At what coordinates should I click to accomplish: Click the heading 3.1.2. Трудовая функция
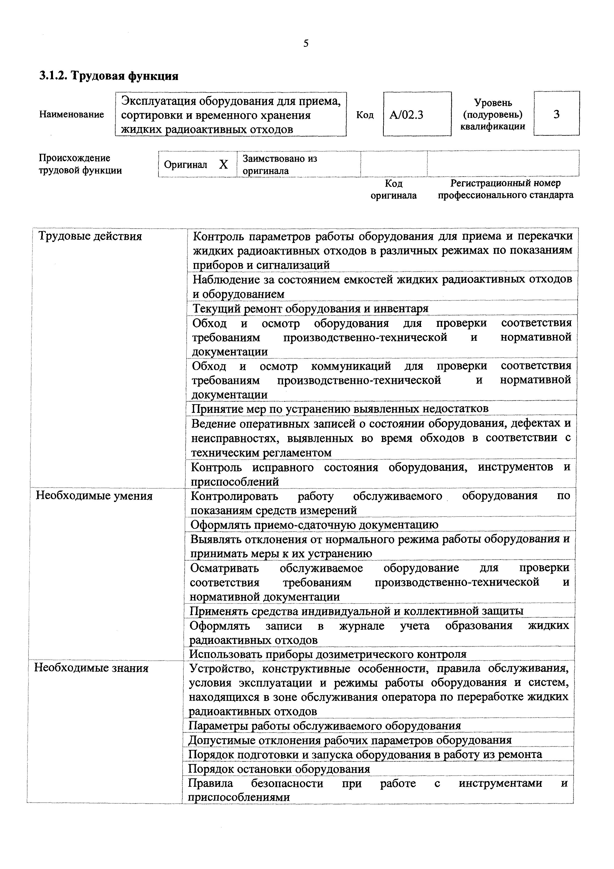(109, 76)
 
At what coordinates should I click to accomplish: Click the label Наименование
(72, 114)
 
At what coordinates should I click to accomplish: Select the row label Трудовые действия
(90, 237)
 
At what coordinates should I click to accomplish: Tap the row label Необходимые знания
(91, 668)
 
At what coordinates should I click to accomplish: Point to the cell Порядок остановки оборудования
(279, 769)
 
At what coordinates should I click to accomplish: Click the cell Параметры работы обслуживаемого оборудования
(325, 726)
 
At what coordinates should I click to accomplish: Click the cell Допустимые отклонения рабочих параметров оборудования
(350, 740)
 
